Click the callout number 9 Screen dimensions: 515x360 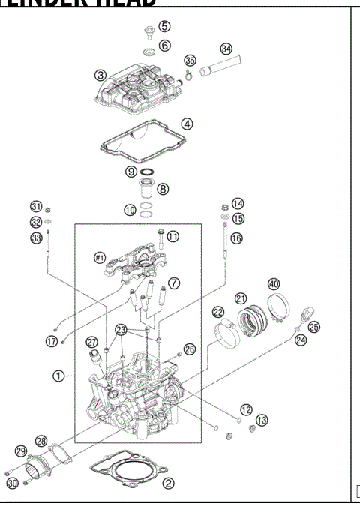click(x=131, y=171)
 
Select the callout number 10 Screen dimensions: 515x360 click(x=130, y=211)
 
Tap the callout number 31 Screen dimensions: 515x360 click(x=35, y=207)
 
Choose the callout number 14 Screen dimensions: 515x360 click(x=238, y=203)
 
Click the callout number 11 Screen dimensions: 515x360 click(x=173, y=236)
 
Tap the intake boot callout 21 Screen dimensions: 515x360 click(x=241, y=298)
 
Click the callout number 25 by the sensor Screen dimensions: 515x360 click(x=313, y=328)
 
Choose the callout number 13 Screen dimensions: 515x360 click(x=261, y=421)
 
